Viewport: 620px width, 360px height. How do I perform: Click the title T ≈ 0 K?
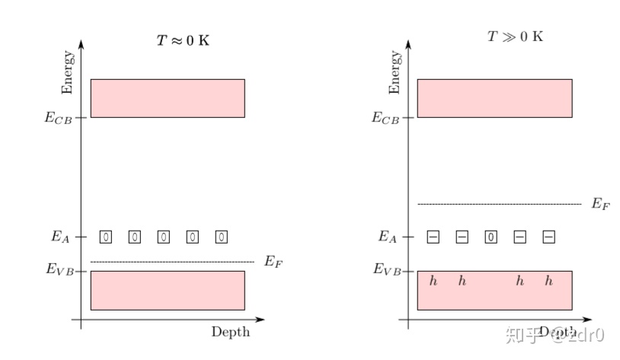[183, 40]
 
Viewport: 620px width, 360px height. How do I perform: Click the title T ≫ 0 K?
[515, 37]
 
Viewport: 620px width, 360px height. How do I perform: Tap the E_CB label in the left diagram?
[59, 118]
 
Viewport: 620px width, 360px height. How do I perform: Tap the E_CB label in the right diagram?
[385, 118]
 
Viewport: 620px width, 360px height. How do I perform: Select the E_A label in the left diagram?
[61, 237]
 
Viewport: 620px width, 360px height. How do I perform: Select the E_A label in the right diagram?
[388, 237]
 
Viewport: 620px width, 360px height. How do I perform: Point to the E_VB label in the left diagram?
[60, 269]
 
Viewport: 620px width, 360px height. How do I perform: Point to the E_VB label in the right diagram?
[387, 269]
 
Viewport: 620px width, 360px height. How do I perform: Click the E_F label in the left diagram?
[273, 262]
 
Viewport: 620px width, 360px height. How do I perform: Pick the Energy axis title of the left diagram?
[69, 73]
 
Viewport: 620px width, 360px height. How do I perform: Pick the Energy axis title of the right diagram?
[395, 73]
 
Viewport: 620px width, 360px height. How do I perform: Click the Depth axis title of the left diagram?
[230, 332]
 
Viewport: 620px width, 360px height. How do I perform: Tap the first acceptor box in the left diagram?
[105, 237]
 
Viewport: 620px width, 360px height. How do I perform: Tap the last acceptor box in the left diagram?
[221, 237]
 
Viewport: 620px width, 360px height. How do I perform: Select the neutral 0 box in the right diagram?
[491, 237]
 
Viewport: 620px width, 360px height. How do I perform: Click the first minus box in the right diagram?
[433, 237]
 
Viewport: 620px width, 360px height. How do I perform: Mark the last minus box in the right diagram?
[548, 237]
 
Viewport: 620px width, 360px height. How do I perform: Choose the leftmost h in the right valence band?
[433, 282]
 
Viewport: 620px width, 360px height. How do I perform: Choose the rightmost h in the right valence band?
[548, 282]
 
